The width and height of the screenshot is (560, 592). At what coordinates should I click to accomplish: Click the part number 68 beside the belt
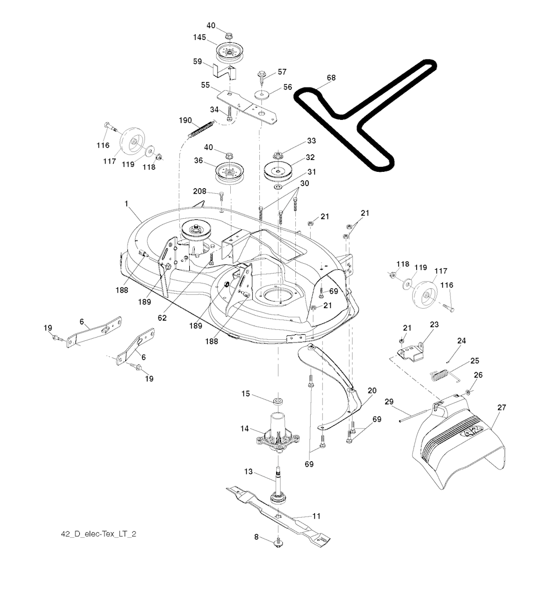click(331, 78)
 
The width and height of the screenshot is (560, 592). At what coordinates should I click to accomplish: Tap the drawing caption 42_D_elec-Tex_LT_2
click(98, 534)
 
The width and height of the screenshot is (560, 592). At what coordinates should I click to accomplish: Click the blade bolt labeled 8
click(279, 542)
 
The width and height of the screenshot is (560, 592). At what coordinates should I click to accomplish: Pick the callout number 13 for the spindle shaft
click(249, 472)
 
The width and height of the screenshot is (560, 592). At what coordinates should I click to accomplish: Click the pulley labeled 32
click(278, 170)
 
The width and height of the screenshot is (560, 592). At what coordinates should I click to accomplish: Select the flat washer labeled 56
click(262, 95)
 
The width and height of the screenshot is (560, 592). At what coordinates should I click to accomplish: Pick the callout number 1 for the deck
click(126, 204)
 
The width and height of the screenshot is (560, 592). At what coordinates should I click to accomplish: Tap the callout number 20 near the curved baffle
click(372, 391)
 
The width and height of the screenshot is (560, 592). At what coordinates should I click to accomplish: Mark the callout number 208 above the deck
click(199, 191)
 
